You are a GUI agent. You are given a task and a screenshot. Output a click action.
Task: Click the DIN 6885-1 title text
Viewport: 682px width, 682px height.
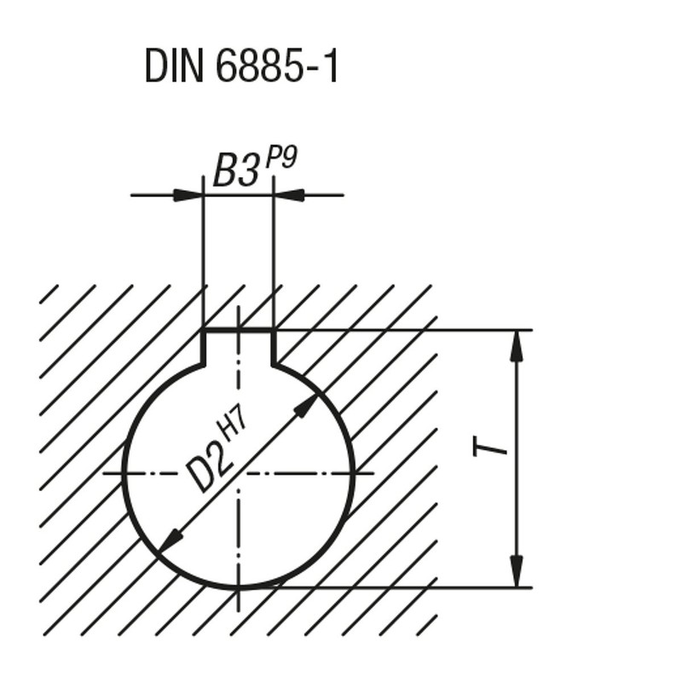[241, 66]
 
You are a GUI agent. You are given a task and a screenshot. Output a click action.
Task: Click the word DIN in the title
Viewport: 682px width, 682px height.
[174, 66]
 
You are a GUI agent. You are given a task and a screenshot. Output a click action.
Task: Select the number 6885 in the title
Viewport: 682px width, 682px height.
[258, 66]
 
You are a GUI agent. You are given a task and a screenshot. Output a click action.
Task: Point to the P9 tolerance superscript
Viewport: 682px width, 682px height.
[281, 159]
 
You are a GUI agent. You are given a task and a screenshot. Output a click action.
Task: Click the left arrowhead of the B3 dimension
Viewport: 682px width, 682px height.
[188, 195]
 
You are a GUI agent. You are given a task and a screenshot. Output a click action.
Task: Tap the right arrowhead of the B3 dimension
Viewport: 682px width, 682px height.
[288, 195]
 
